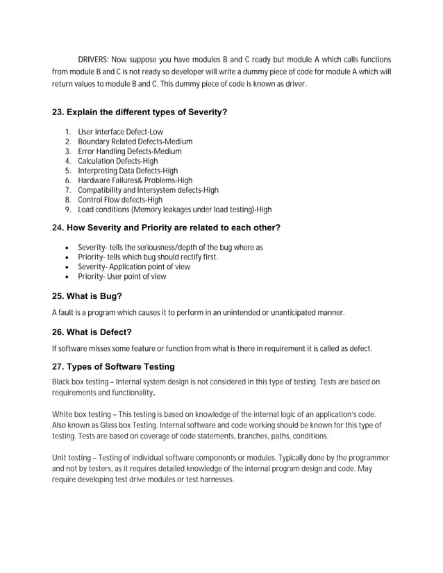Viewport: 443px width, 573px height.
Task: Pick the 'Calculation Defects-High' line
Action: pos(118,161)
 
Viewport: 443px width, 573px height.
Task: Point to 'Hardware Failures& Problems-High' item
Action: pos(135,180)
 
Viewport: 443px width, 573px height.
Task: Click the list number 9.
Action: pos(67,209)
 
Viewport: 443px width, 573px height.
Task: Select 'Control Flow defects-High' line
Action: pos(120,200)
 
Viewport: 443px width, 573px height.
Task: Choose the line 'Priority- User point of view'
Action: pos(122,277)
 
